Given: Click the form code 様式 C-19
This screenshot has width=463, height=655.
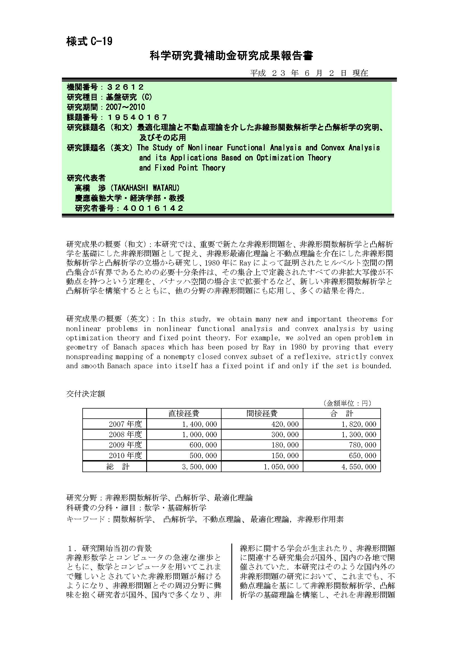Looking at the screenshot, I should (89, 41).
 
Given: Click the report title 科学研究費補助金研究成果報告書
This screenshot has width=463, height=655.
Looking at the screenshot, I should (231, 56).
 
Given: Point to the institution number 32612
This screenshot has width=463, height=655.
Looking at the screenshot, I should (125, 87).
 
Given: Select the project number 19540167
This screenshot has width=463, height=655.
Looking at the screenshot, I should (137, 117).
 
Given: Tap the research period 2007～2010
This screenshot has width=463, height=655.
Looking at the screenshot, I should (125, 107).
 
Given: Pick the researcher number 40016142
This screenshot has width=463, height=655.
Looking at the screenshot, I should (153, 208).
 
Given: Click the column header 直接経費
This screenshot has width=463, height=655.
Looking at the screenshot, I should (184, 413).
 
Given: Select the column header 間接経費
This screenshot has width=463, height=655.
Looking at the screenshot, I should (262, 413).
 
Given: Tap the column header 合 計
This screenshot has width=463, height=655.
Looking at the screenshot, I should (341, 413).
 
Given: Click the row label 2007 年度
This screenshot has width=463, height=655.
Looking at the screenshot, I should (125, 424).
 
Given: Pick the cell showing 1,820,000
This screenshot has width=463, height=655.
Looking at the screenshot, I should (359, 424).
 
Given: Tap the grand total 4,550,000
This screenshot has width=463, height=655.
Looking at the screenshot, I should (359, 467).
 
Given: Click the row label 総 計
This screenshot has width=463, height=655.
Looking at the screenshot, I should (118, 467).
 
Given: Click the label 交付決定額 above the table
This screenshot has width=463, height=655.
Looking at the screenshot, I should (86, 394).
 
